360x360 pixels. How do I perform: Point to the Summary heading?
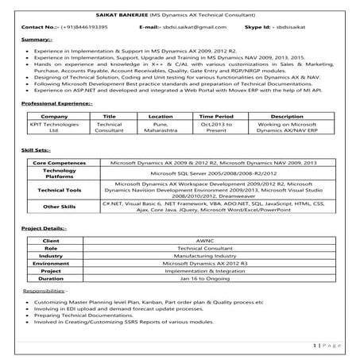34,39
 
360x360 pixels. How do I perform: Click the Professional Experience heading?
57,103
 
